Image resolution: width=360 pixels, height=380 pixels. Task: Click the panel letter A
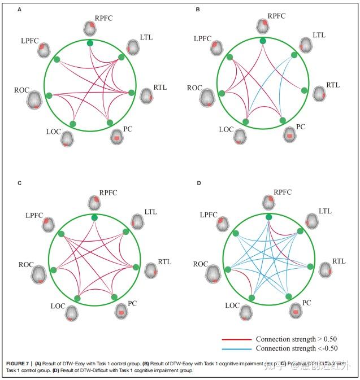click(20, 10)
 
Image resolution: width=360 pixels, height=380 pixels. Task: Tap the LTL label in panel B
click(319, 35)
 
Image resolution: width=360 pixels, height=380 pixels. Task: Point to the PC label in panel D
click(306, 303)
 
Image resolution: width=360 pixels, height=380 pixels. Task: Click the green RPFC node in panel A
click(90, 43)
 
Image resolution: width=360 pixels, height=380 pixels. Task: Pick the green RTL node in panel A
click(132, 93)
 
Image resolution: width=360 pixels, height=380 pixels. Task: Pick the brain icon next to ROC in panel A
click(35, 99)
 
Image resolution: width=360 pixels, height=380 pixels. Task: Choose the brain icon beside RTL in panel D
click(326, 269)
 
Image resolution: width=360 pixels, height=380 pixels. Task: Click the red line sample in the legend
click(236, 339)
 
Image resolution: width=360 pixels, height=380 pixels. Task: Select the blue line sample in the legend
click(236, 348)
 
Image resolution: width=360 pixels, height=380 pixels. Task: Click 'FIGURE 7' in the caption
click(18, 363)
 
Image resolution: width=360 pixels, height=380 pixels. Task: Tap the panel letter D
click(198, 184)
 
